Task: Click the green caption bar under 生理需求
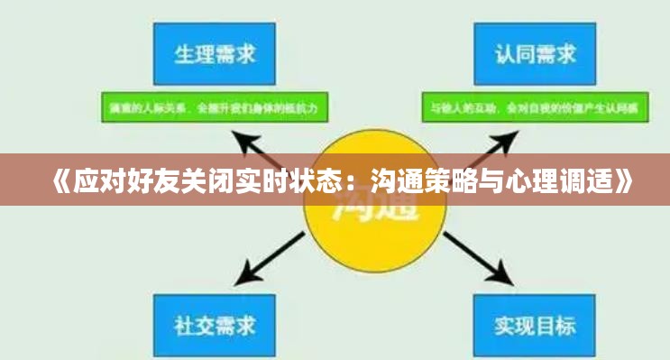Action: pyautogui.click(x=214, y=109)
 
